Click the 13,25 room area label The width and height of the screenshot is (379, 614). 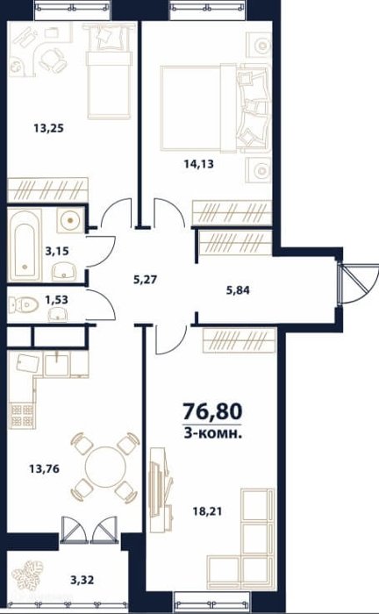tap(49, 128)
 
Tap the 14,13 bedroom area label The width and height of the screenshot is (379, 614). tap(199, 164)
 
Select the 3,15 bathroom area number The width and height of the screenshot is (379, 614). tap(57, 251)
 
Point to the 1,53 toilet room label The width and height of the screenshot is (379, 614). tap(56, 300)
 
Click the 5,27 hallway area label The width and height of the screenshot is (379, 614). tap(146, 280)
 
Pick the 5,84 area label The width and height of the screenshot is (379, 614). tap(238, 290)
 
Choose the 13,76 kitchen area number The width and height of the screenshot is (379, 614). tap(45, 468)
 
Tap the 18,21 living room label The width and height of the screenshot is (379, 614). tap(207, 511)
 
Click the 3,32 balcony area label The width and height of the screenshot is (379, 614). tap(82, 580)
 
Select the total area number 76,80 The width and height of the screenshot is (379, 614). tap(212, 411)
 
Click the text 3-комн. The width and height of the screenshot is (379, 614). tap(212, 433)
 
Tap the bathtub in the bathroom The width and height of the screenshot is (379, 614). tap(25, 245)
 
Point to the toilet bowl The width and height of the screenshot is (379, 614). tap(24, 304)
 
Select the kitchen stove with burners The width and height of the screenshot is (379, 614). tap(22, 416)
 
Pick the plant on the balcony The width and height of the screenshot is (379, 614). tap(27, 575)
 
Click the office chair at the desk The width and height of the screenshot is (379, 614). tap(53, 60)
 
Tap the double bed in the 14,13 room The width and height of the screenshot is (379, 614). tap(216, 108)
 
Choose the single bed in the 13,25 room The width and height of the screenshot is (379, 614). tap(109, 70)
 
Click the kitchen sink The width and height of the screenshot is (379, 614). tap(57, 364)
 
